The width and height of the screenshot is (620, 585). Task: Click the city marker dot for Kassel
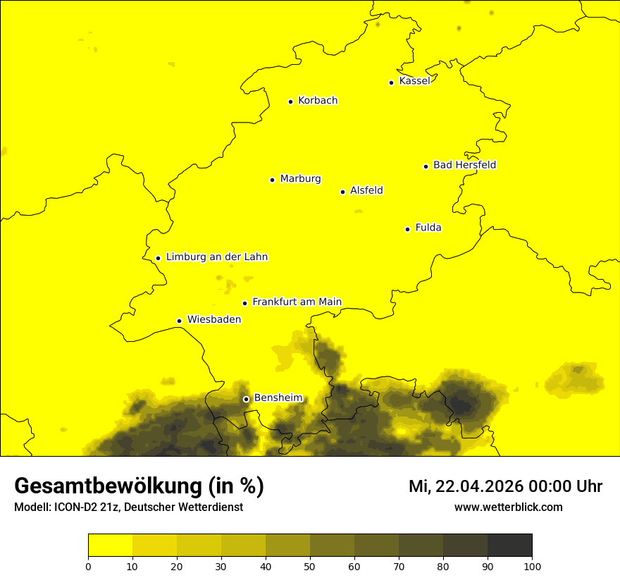(391, 82)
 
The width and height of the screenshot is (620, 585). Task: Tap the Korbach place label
(318, 101)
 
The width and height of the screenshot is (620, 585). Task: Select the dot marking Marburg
(272, 180)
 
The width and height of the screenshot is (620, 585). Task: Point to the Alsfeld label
(366, 190)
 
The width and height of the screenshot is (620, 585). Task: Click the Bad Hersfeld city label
(464, 165)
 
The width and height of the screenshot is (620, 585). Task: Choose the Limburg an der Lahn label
(217, 257)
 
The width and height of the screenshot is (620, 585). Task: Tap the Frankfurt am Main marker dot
(245, 303)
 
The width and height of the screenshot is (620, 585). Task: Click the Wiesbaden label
(214, 319)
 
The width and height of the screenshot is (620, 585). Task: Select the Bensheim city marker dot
(247, 399)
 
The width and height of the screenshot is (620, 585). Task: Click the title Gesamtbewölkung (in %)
(139, 486)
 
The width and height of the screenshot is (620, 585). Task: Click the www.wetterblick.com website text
(508, 507)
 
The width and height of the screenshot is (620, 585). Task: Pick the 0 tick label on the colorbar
(88, 566)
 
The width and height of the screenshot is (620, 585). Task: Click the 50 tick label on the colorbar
(310, 566)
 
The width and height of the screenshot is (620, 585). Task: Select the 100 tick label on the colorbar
(532, 566)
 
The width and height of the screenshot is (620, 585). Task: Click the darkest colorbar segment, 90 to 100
(509, 545)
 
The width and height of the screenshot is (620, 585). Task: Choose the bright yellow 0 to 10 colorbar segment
(110, 545)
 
